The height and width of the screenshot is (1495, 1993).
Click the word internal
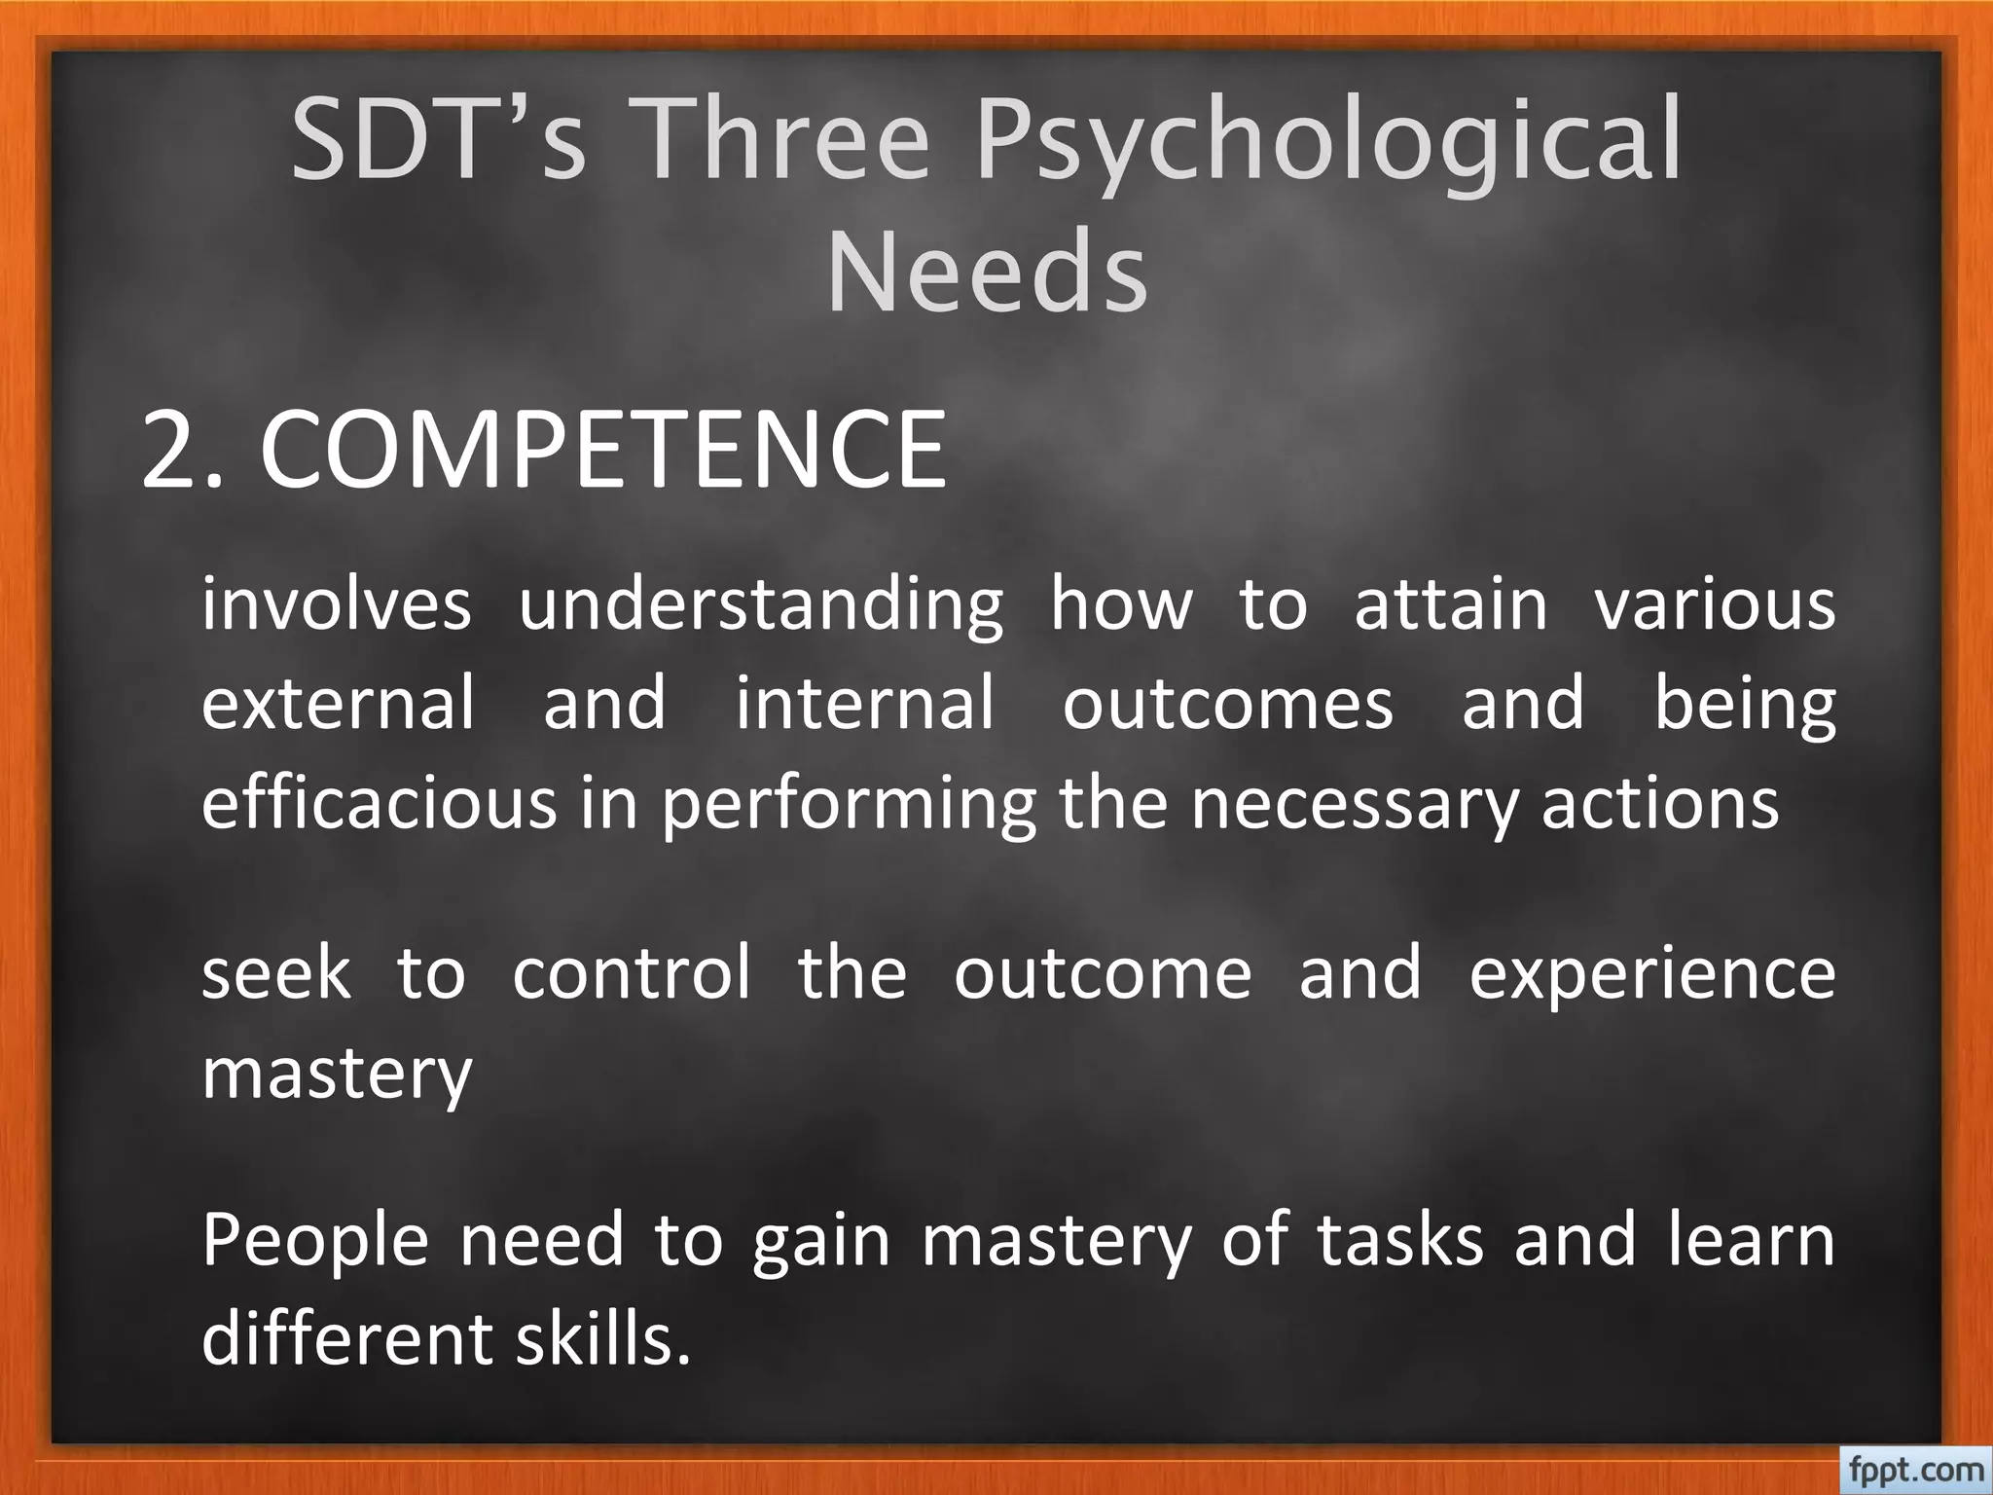(x=865, y=703)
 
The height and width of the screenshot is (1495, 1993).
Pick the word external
(x=339, y=703)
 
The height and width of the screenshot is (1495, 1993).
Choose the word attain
(x=1450, y=604)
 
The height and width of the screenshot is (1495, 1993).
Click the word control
(x=632, y=972)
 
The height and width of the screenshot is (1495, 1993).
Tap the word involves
(x=337, y=604)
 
